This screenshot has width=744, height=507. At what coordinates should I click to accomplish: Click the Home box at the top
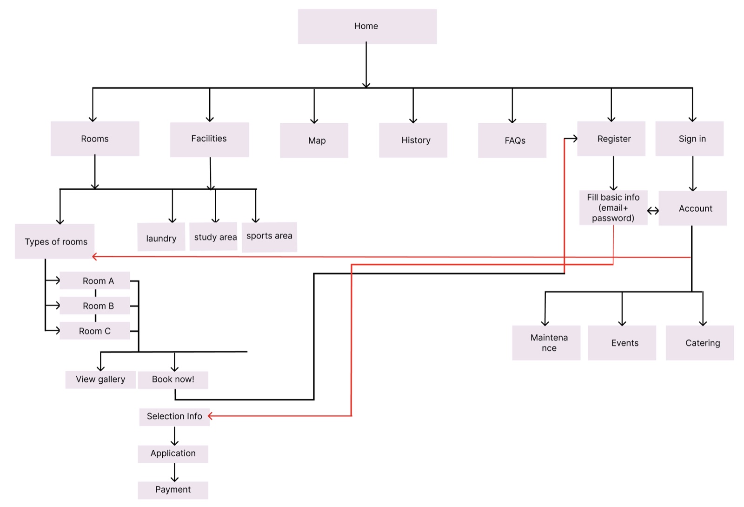pyautogui.click(x=367, y=27)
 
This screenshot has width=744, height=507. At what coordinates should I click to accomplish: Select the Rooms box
pyautogui.click(x=95, y=139)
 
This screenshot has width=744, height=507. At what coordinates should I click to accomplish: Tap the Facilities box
pyautogui.click(x=209, y=140)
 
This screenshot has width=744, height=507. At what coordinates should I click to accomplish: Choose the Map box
pyautogui.click(x=314, y=140)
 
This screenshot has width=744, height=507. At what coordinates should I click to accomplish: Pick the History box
pyautogui.click(x=413, y=140)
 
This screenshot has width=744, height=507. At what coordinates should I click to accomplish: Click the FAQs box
pyautogui.click(x=512, y=140)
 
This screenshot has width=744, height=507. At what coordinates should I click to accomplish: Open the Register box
pyautogui.click(x=611, y=139)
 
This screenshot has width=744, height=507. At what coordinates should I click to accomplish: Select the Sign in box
pyautogui.click(x=689, y=139)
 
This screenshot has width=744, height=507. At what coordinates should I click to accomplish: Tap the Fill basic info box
pyautogui.click(x=613, y=207)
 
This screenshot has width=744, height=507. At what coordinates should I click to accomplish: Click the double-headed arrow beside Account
pyautogui.click(x=653, y=211)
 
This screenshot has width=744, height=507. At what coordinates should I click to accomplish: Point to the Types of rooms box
pyautogui.click(x=54, y=241)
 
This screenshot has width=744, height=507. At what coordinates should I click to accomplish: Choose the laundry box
pyautogui.click(x=161, y=237)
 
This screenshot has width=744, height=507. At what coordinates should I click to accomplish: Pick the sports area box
pyautogui.click(x=269, y=237)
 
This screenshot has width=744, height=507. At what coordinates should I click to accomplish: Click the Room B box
pyautogui.click(x=95, y=306)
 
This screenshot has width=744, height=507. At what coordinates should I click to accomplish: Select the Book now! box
pyautogui.click(x=173, y=380)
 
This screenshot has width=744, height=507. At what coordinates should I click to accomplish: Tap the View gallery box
pyautogui.click(x=100, y=380)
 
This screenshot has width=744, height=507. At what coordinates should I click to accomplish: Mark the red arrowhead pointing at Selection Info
pyautogui.click(x=210, y=416)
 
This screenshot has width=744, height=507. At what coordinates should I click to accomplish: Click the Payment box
pyautogui.click(x=173, y=490)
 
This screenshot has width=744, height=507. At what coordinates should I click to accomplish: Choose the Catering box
pyautogui.click(x=700, y=342)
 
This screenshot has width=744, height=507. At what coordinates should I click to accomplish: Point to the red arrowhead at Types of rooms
pyautogui.click(x=95, y=256)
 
